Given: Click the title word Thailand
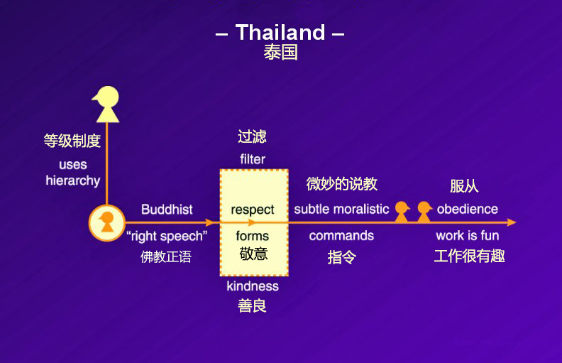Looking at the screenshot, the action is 280,33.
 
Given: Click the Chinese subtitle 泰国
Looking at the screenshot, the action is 280,53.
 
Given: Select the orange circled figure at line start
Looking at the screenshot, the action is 106,222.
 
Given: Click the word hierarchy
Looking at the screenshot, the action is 73,180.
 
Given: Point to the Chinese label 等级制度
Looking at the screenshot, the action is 72,141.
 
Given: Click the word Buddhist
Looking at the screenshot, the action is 167,210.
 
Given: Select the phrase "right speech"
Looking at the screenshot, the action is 167,236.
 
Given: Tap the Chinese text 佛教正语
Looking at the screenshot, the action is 166,256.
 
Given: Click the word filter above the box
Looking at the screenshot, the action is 253,159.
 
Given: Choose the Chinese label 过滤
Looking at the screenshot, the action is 253,136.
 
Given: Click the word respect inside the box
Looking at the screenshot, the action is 253,210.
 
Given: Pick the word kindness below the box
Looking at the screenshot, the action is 253,286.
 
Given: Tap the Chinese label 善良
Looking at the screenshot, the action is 253,306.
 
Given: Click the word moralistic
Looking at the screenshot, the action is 362,209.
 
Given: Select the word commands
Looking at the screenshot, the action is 341,236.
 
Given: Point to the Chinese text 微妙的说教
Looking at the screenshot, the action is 341,184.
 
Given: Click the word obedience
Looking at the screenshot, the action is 468,209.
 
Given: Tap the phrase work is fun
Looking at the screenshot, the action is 468,236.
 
